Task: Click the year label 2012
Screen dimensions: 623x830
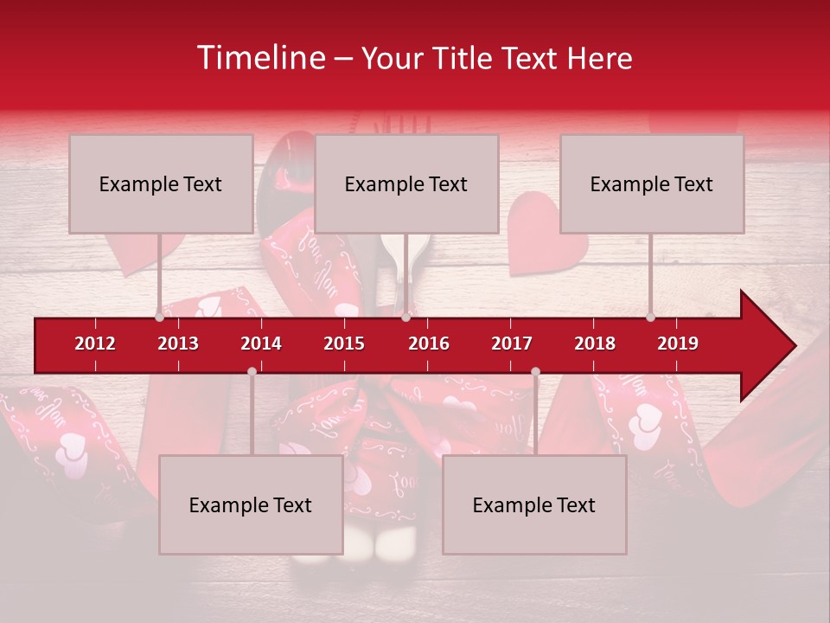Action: pos(95,344)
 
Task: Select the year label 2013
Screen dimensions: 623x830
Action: pos(178,344)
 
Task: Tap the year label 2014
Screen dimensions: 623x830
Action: pos(261,344)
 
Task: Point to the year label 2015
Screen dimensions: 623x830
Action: pos(344,344)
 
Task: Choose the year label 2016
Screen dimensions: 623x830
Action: pos(429,344)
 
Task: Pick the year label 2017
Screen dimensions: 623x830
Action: pos(512,344)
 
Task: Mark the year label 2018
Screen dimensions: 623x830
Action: pos(595,344)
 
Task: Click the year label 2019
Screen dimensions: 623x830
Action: pos(678,344)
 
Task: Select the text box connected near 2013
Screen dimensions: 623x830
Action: pos(161,183)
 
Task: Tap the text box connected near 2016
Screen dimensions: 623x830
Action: pos(406,183)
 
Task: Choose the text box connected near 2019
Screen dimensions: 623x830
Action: pos(652,183)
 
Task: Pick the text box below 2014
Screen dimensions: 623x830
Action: pos(251,504)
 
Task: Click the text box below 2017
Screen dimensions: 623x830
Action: pos(534,504)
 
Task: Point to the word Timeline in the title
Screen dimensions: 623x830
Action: pos(261,58)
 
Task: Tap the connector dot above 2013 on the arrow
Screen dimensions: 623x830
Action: pos(160,318)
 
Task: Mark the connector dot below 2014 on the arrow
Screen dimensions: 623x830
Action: pos(252,371)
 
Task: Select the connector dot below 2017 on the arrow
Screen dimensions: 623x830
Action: pos(535,371)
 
